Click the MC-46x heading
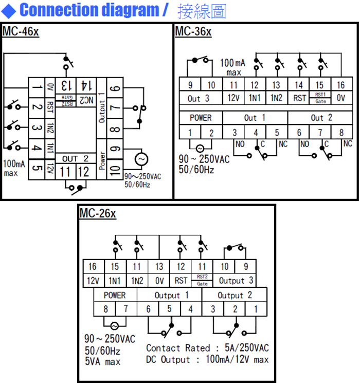pyautogui.click(x=21, y=32)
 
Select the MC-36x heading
pyautogui.click(x=193, y=32)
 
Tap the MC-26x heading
pyautogui.click(x=98, y=213)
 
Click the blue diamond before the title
pyautogui.click(x=9, y=10)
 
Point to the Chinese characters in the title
pyautogui.click(x=202, y=11)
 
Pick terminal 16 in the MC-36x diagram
pyautogui.click(x=340, y=85)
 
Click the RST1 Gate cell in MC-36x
pyautogui.click(x=319, y=98)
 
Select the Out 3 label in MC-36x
pyautogui.click(x=198, y=98)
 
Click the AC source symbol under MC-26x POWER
pyautogui.click(x=114, y=325)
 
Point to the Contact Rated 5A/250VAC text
pyautogui.click(x=207, y=349)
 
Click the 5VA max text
pyautogui.click(x=103, y=361)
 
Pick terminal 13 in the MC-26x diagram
pyautogui.click(x=159, y=266)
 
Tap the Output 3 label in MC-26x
pyautogui.click(x=236, y=280)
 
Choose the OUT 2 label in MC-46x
pyautogui.click(x=75, y=158)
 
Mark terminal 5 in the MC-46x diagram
pyautogui.click(x=37, y=168)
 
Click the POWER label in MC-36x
pyautogui.click(x=201, y=118)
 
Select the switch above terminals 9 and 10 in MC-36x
pyautogui.click(x=201, y=60)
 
